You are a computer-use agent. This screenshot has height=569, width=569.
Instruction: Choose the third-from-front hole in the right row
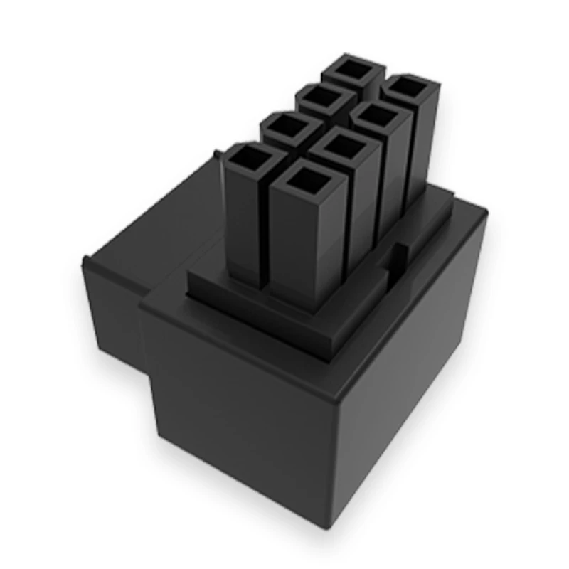pyautogui.click(x=378, y=117)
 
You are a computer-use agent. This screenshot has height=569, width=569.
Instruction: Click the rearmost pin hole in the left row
pyautogui.click(x=351, y=70)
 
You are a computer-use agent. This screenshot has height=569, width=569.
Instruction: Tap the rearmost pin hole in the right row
pyautogui.click(x=408, y=88)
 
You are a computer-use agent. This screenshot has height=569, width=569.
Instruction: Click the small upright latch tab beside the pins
pyautogui.click(x=400, y=256)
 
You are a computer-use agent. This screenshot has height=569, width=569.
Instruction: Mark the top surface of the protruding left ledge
pyautogui.click(x=142, y=242)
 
